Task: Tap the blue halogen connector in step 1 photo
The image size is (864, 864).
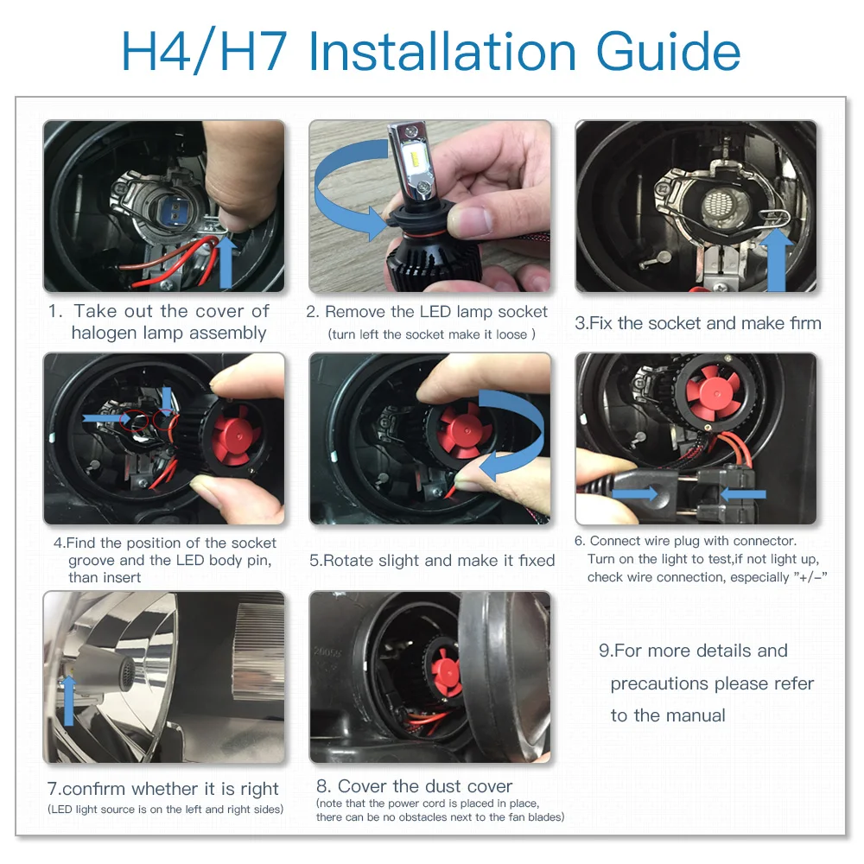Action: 175,207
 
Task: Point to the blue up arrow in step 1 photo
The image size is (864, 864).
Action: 226,263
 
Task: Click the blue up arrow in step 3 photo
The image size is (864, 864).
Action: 777,259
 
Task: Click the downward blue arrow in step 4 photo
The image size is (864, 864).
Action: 167,398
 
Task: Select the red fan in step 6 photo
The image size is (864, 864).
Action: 715,392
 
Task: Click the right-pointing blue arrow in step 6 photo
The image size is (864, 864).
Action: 634,492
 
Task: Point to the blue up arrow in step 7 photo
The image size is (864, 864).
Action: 68,700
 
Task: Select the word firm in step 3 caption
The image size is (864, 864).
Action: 805,323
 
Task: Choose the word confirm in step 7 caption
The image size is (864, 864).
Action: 93,789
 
